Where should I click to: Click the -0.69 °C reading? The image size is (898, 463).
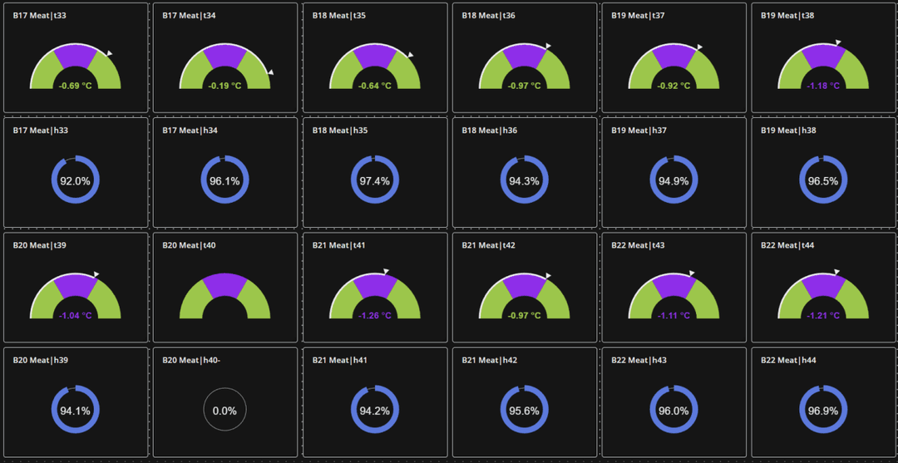[x=75, y=86]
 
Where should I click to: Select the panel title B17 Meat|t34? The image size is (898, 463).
[x=189, y=16]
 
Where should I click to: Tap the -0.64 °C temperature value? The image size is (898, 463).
[x=374, y=86]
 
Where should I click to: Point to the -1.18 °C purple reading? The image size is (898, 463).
[x=822, y=86]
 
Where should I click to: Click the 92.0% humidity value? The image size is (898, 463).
[x=75, y=180]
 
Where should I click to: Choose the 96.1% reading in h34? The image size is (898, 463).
[x=224, y=180]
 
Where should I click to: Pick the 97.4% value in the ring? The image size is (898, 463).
[x=374, y=180]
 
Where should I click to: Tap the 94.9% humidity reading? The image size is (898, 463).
[x=673, y=180]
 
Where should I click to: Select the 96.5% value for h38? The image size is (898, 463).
[x=822, y=180]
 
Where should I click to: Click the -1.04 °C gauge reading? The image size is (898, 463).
[x=75, y=316]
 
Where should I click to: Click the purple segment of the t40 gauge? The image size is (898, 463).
[x=224, y=286]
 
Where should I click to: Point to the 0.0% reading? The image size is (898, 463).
[x=224, y=411]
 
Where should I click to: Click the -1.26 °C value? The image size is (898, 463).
[x=374, y=316]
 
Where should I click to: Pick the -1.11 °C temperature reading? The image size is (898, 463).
[x=673, y=316]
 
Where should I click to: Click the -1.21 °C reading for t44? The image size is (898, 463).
[x=822, y=316]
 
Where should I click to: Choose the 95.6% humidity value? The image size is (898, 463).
[x=524, y=411]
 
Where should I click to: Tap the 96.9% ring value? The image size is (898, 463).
[x=822, y=411]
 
